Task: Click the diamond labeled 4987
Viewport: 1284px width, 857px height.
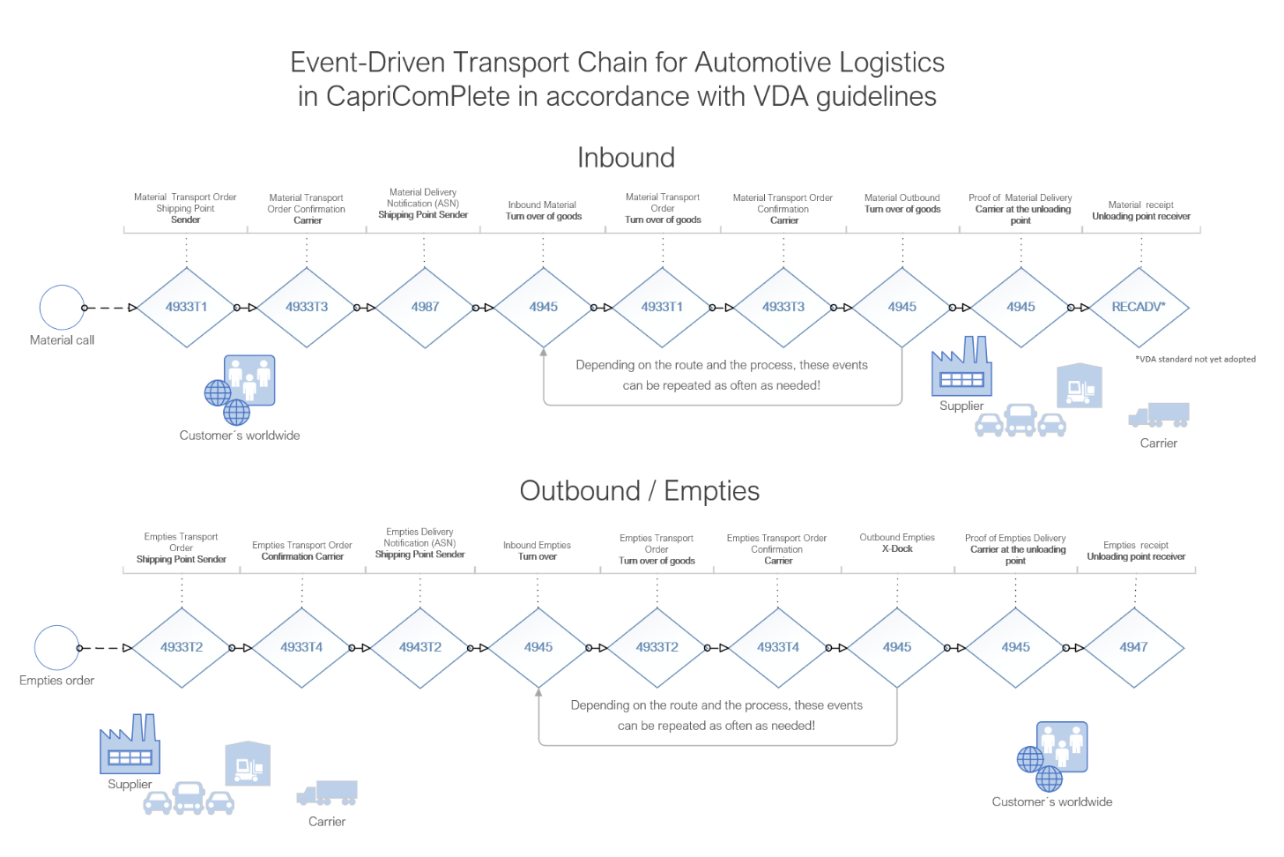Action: [x=425, y=307]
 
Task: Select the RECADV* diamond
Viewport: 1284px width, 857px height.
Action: [x=1139, y=307]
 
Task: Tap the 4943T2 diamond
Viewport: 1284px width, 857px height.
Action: [x=420, y=647]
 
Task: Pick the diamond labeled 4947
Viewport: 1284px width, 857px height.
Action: [x=1133, y=647]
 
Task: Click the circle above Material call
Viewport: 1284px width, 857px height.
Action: [x=62, y=308]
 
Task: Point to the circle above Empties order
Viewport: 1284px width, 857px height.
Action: [x=56, y=648]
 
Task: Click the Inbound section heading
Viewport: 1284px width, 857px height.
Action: [x=626, y=158]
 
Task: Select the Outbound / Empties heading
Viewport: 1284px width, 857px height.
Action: [x=639, y=491]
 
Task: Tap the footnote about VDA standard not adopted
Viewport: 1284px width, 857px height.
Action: [x=1195, y=359]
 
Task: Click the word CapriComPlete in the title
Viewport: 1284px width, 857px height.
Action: [x=418, y=96]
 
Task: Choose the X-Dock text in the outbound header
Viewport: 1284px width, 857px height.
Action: [x=897, y=549]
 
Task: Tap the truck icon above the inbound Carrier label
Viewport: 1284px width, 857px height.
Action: [x=1159, y=415]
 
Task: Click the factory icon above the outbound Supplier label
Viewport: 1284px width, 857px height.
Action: [x=130, y=745]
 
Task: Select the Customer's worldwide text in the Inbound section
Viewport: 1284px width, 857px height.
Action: [x=240, y=436]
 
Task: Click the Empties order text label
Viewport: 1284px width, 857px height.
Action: [x=56, y=681]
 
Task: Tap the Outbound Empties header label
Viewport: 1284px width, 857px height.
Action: [x=897, y=537]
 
